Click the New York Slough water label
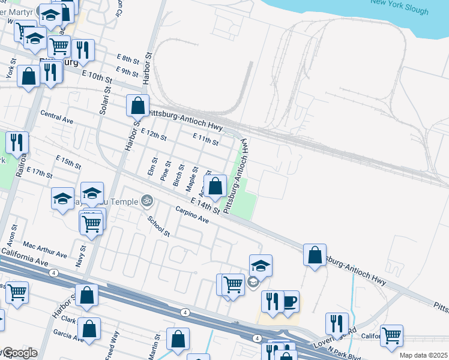(400, 7)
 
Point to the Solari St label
(105, 99)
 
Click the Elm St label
(152, 166)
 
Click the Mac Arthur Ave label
(44, 250)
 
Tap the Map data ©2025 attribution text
(424, 355)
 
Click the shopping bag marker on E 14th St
(215, 187)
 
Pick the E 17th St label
(40, 172)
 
